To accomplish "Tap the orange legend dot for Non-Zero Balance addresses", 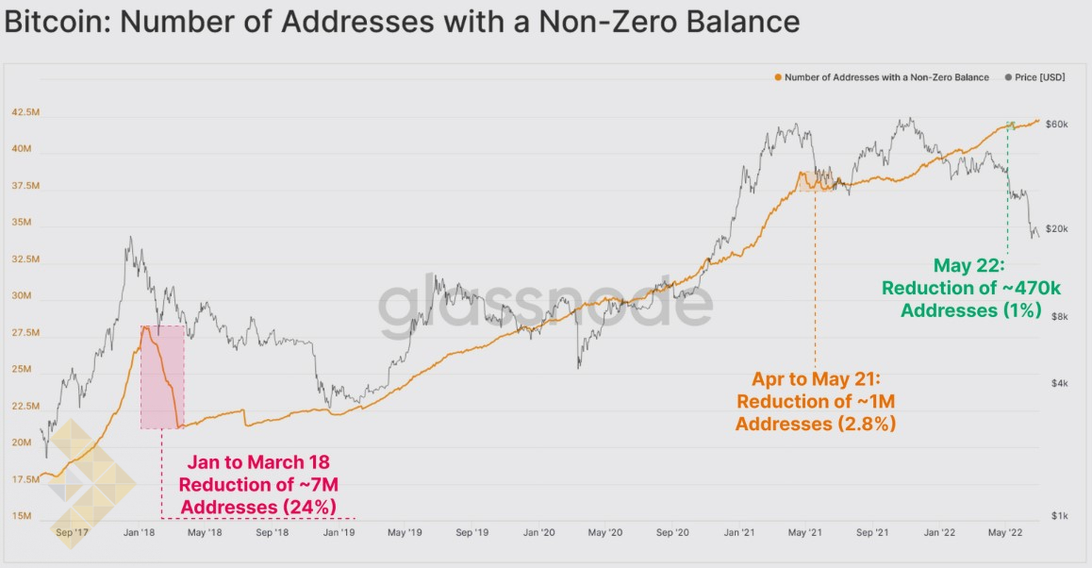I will (778, 77).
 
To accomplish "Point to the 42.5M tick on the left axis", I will (25, 112).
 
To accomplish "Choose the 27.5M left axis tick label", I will (25, 333).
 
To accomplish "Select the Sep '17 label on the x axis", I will (72, 533).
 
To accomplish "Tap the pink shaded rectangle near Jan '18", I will (162, 377).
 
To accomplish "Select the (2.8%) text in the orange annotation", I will (866, 424).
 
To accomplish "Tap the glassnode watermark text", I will (545, 304).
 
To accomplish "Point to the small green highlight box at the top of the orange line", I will (1010, 125).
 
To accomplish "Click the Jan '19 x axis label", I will (339, 533).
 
